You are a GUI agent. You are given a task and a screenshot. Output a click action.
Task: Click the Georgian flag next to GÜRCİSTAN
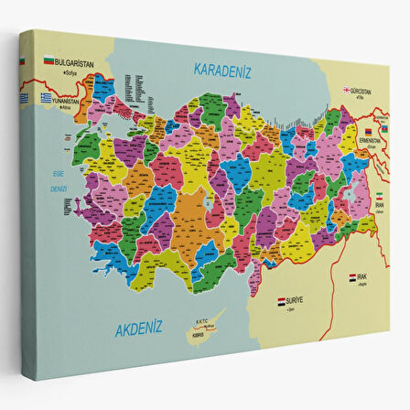(347, 90)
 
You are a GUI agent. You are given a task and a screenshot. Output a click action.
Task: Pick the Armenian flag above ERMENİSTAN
(371, 131)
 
